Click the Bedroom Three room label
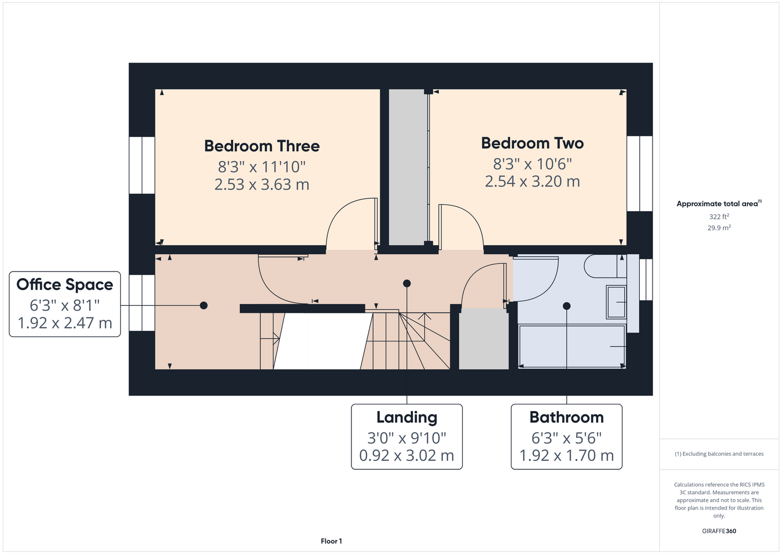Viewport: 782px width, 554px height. [x=262, y=146]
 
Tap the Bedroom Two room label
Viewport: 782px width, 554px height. [x=532, y=143]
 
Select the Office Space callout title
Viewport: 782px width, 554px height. [x=65, y=285]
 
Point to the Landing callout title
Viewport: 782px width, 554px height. [x=407, y=417]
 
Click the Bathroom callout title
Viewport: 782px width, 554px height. [x=567, y=417]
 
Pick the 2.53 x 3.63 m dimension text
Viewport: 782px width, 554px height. [x=262, y=184]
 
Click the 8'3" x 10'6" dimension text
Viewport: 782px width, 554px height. [x=532, y=163]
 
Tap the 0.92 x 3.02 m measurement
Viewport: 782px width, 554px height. [x=407, y=455]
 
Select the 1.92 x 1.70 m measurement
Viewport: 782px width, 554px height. [x=567, y=455]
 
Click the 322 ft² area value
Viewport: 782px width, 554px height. [x=719, y=217]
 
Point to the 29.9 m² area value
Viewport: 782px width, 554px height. [x=719, y=228]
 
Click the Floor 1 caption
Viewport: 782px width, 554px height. [x=332, y=541]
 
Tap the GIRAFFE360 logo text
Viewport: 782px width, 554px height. [x=719, y=531]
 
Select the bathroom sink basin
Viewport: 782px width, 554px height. [x=617, y=302]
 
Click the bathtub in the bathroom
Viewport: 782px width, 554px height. [x=572, y=346]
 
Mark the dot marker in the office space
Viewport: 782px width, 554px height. [x=204, y=305]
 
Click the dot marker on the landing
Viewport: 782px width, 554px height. [x=407, y=284]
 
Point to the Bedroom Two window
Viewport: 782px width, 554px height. [x=640, y=174]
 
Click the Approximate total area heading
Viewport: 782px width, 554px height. [x=719, y=204]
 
